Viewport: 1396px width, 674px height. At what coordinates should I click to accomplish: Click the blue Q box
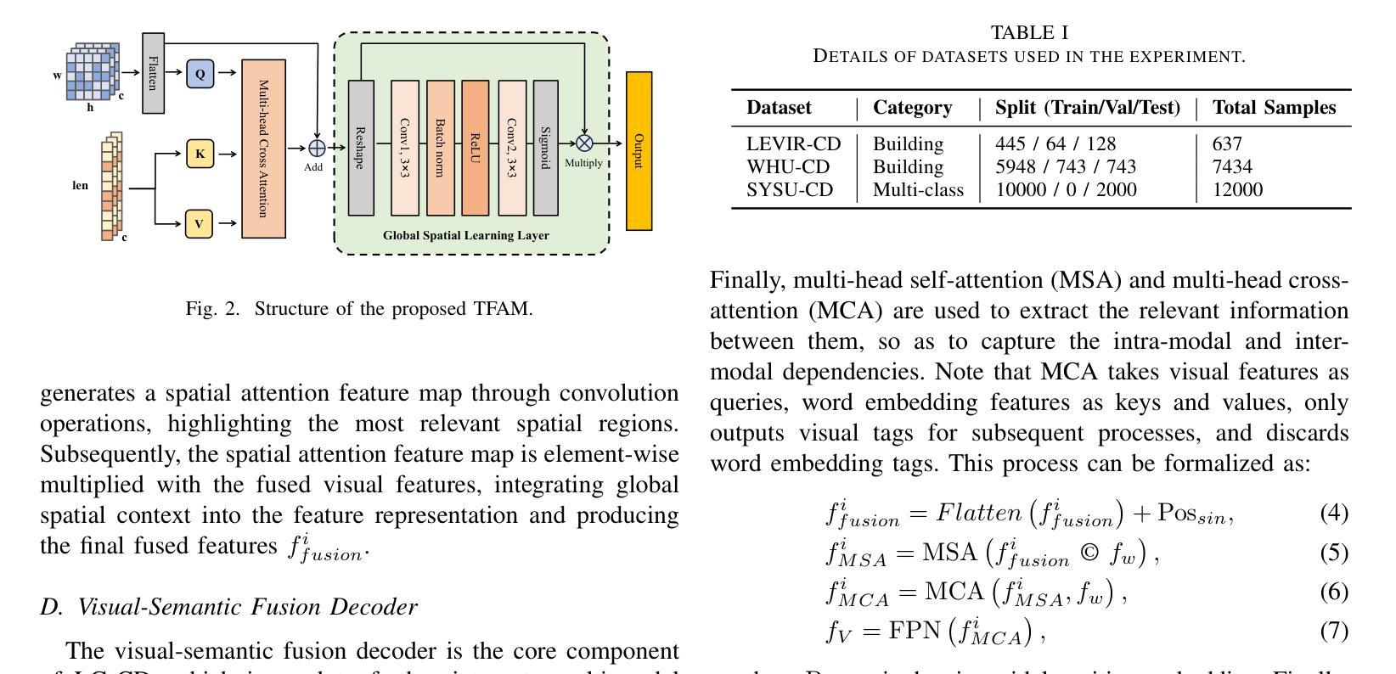click(x=200, y=74)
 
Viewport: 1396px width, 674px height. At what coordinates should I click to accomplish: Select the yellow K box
click(x=200, y=154)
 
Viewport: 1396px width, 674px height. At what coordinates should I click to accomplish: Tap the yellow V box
click(x=200, y=224)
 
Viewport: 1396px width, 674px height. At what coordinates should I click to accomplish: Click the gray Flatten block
click(x=153, y=73)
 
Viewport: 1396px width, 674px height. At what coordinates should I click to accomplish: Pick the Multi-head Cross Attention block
click(x=263, y=149)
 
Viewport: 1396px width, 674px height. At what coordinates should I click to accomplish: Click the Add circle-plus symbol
click(x=316, y=149)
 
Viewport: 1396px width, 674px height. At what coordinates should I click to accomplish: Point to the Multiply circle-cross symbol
click(x=584, y=143)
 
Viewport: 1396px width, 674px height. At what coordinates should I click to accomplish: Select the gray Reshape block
click(x=361, y=148)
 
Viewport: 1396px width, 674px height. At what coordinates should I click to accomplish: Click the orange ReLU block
click(x=475, y=148)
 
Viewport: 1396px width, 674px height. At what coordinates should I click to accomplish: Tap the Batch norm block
click(x=440, y=148)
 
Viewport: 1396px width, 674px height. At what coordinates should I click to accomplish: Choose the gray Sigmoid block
click(x=545, y=148)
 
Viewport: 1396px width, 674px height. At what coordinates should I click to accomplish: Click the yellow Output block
click(x=639, y=151)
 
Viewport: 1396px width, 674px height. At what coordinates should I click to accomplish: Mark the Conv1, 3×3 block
click(x=404, y=148)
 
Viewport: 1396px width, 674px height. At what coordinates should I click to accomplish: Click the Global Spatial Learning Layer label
click(x=465, y=235)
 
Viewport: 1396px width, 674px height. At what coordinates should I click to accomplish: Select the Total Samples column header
click(x=1274, y=108)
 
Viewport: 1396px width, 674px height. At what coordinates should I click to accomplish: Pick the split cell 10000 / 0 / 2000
click(x=1066, y=190)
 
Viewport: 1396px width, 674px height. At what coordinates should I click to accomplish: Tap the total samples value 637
click(x=1227, y=144)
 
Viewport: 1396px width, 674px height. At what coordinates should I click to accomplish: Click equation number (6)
click(x=1334, y=592)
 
